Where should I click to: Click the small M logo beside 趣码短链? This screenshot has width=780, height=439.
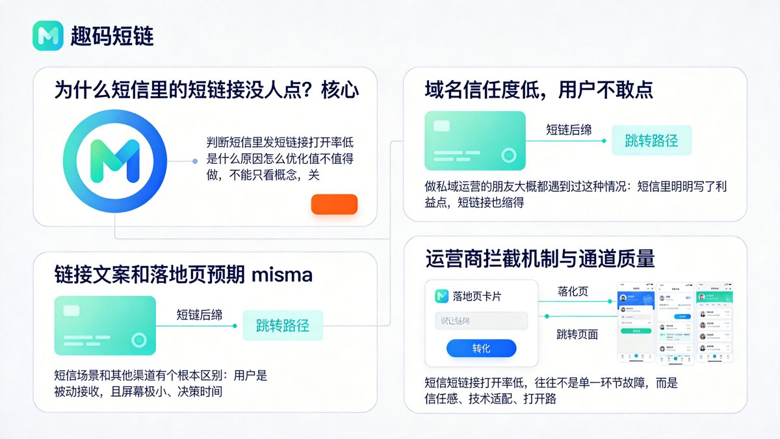[x=47, y=36]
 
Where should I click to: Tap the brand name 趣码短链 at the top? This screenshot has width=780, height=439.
[x=112, y=36]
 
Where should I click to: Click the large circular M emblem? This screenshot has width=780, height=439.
[x=109, y=160]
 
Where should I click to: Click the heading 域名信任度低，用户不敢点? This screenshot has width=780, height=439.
[x=539, y=90]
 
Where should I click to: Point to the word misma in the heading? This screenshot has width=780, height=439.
[x=281, y=274]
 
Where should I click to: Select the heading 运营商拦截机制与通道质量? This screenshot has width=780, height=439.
[x=540, y=258]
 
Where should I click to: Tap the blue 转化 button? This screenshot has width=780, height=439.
[x=481, y=349]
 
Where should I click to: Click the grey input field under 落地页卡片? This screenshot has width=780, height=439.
[x=481, y=321]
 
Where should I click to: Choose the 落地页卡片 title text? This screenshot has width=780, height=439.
[x=476, y=296]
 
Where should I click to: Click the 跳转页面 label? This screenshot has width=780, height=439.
[x=577, y=335]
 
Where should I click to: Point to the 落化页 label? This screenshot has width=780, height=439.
[x=573, y=291]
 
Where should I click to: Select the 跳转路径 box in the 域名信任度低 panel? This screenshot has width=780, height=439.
[x=651, y=140]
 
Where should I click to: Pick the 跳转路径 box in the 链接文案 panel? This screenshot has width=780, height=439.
[x=283, y=326]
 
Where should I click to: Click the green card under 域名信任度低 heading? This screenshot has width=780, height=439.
[x=474, y=140]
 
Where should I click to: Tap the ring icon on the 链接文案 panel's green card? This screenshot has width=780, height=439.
[x=138, y=339]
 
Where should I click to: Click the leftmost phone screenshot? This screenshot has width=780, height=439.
[x=634, y=323]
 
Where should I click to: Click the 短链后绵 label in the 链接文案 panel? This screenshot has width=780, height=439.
[x=200, y=315]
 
